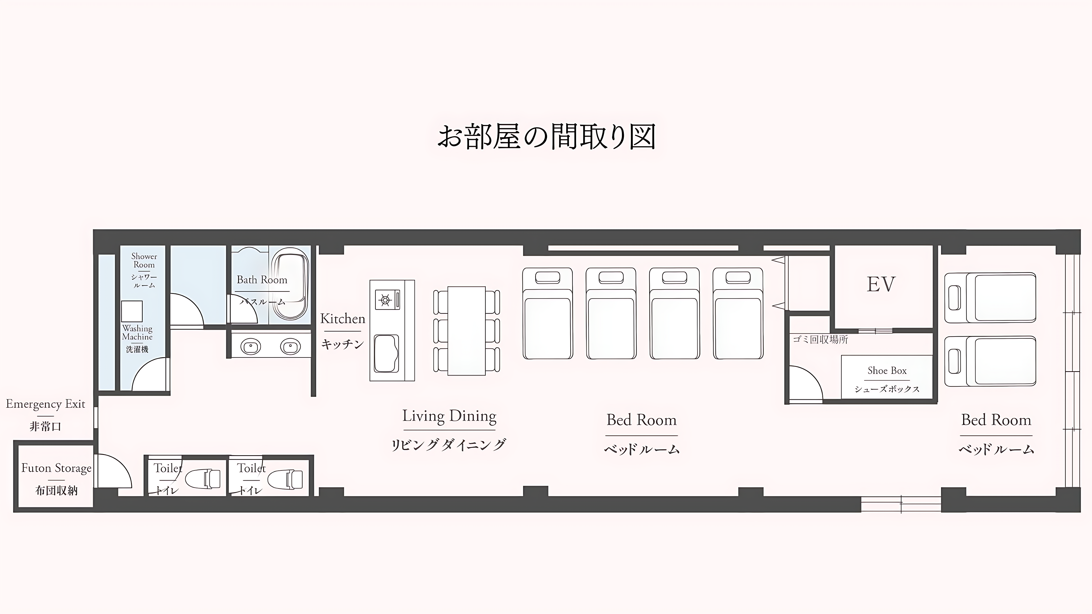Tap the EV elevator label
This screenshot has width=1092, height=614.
coord(881,284)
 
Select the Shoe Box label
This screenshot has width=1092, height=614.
coord(887,371)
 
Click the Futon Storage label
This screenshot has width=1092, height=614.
coord(57,468)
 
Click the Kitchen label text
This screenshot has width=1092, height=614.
coord(343,319)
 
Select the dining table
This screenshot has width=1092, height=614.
coord(466,330)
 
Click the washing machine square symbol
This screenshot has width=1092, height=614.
coord(132,311)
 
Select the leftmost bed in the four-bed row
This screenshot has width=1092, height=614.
coord(547,314)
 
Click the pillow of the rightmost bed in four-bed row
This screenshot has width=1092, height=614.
coord(738,278)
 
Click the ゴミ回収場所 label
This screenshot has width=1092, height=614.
coord(820,339)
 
